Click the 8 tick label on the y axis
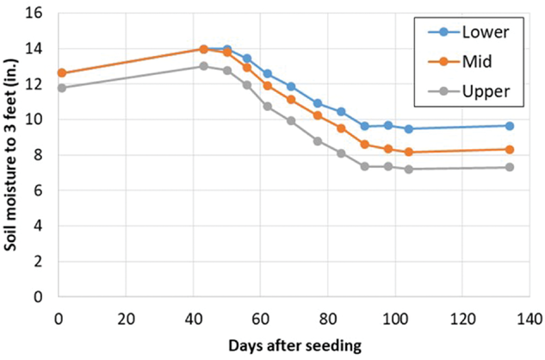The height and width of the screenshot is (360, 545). click(x=39, y=155)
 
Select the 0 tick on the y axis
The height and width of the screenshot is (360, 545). click(x=39, y=296)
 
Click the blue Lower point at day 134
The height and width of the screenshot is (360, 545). click(x=509, y=126)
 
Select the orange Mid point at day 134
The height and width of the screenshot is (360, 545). click(x=509, y=149)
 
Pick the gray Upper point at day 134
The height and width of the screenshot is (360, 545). click(x=509, y=167)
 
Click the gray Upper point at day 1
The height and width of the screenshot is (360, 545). click(x=60, y=88)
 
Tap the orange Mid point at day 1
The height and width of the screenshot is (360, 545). click(x=60, y=73)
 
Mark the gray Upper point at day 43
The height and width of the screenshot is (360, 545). click(x=203, y=66)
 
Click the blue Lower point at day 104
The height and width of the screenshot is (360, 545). click(x=408, y=129)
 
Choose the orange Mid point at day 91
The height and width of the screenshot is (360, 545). click(x=364, y=145)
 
